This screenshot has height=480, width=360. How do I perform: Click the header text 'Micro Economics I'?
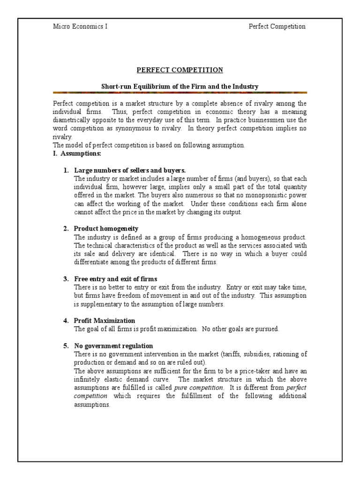click(80, 26)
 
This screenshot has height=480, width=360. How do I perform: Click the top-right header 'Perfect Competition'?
click(277, 26)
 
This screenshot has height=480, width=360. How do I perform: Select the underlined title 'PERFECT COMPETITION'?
click(180, 70)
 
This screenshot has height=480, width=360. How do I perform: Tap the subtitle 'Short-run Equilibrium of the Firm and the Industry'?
click(180, 86)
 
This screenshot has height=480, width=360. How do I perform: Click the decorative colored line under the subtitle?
click(180, 93)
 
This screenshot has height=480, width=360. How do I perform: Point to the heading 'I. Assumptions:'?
click(77, 153)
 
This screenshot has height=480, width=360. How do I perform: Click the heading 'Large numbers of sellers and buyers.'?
click(126, 170)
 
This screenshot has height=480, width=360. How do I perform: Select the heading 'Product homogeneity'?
click(106, 228)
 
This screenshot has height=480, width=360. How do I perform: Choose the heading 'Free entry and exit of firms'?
click(115, 279)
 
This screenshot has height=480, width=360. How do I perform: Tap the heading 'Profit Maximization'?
click(105, 321)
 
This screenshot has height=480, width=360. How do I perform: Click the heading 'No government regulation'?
click(113, 346)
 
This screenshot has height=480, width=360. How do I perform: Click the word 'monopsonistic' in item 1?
click(265, 195)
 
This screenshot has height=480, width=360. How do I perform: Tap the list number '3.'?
click(66, 279)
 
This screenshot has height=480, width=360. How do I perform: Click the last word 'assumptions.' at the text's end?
click(92, 405)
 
